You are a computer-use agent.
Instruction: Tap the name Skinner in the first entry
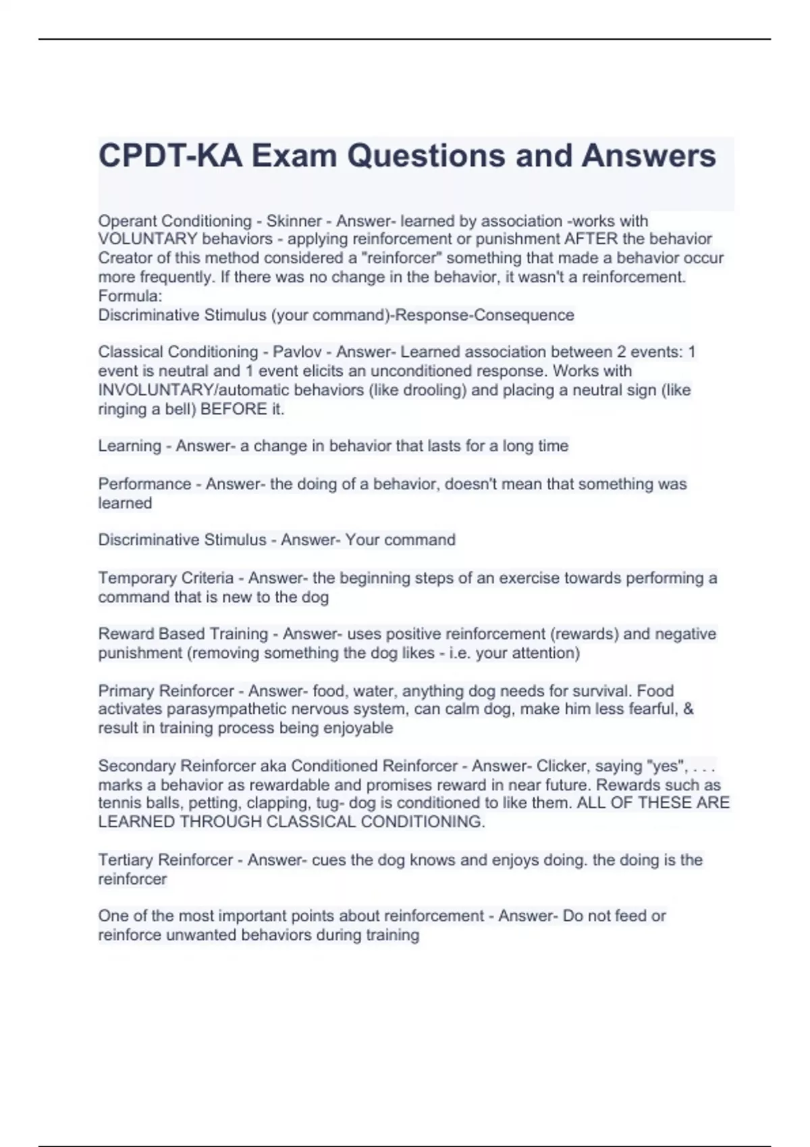point(294,221)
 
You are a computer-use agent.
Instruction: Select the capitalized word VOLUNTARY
point(148,239)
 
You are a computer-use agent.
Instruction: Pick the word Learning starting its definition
point(130,446)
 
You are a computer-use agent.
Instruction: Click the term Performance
point(144,484)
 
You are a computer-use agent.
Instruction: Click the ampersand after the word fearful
point(688,709)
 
